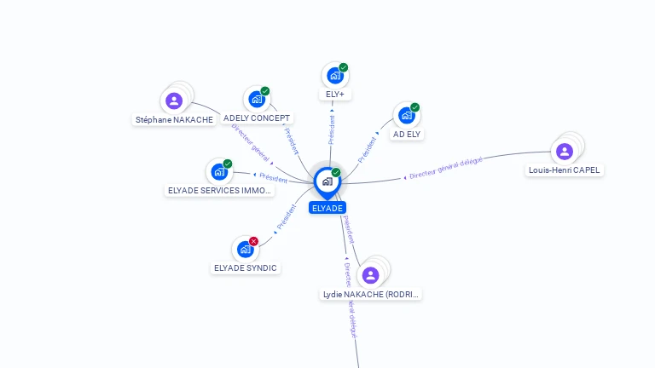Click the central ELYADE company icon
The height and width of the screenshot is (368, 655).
pos(327,181)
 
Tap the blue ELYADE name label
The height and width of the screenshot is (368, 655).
pos(327,208)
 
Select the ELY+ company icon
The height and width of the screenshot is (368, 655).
pos(334,76)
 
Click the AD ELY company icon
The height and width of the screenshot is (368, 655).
pos(406,116)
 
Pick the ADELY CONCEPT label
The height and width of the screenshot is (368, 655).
pos(257,118)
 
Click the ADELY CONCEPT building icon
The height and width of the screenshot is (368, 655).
pos(256,100)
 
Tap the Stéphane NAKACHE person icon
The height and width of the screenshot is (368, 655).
pos(174,101)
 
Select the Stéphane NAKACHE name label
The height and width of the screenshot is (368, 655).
pos(174,120)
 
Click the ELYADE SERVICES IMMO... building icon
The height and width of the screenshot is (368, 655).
pos(219,172)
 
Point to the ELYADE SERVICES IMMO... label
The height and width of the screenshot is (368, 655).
pos(220,191)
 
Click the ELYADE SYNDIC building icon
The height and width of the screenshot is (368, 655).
pos(245,250)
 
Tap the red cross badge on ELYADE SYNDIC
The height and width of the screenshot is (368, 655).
pos(253,241)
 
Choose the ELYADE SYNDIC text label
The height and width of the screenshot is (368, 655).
pos(246,268)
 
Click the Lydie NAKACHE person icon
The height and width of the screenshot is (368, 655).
pos(370,275)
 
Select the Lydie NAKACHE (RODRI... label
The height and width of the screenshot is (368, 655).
pos(371,295)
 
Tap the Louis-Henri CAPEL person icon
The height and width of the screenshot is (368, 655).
pos(564,152)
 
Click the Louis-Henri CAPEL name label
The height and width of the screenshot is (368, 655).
pos(565,170)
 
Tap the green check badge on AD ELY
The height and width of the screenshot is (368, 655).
pos(414,107)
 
